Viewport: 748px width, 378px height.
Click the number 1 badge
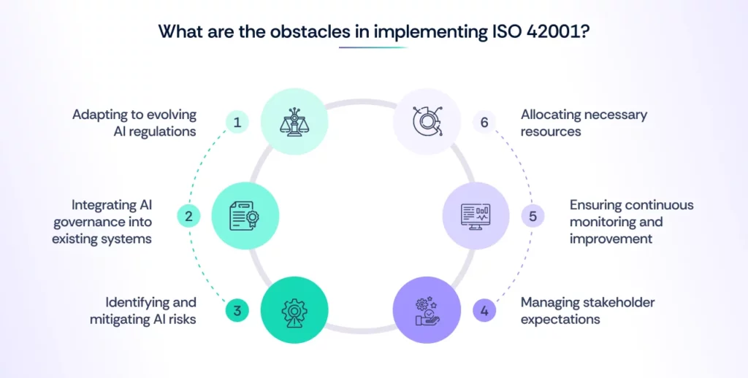(x=237, y=122)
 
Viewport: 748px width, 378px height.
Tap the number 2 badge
(x=188, y=216)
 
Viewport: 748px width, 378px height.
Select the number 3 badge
(x=237, y=311)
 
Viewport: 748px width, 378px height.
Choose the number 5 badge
(x=533, y=216)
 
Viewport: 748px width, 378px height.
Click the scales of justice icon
(x=294, y=121)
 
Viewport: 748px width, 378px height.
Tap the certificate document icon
(x=245, y=216)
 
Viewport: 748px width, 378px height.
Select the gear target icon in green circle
(x=294, y=310)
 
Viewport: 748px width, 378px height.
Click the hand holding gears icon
(x=427, y=310)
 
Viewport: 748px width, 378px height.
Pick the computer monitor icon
(x=476, y=216)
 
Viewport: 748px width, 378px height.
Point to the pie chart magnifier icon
(x=427, y=121)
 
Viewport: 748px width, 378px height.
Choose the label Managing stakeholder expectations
(x=587, y=310)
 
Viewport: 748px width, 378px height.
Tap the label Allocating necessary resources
(x=584, y=122)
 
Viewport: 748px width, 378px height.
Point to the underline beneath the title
(x=373, y=48)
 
